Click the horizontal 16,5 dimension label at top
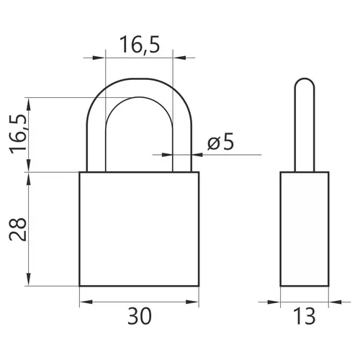(140, 45)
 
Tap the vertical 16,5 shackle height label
(18, 134)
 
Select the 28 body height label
(18, 229)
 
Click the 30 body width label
(140, 316)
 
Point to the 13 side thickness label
(304, 316)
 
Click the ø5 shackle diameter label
(220, 142)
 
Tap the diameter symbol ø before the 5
(214, 143)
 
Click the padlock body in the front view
(139, 229)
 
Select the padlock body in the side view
(305, 229)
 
